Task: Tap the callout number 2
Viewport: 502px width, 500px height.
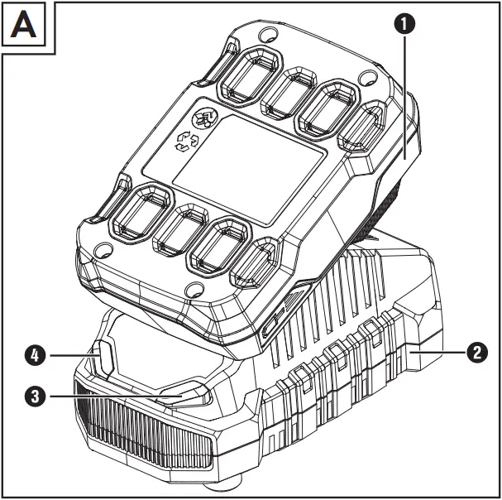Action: (476, 352)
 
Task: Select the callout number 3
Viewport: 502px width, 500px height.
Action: (34, 397)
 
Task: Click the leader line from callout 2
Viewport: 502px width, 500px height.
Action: (438, 352)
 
